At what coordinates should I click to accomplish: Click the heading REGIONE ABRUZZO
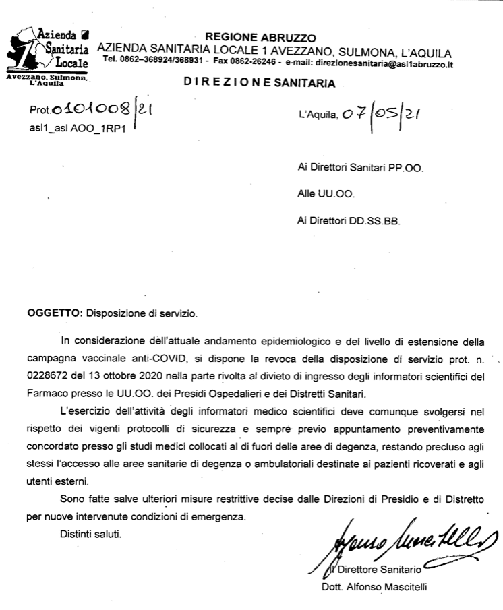[x=260, y=38]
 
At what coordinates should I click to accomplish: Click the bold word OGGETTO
[x=54, y=313]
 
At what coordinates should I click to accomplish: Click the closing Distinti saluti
[x=91, y=535]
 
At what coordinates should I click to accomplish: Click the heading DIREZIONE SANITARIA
[x=258, y=83]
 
